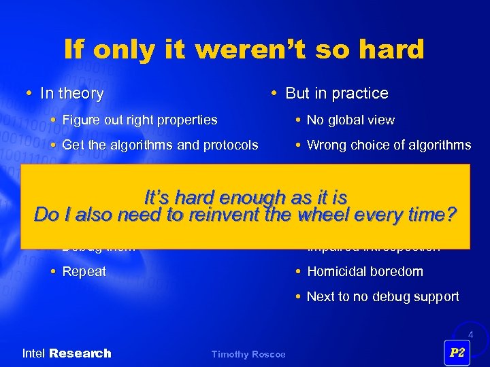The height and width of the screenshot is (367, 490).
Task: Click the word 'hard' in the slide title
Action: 390,50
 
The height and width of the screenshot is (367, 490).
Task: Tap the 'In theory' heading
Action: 71,94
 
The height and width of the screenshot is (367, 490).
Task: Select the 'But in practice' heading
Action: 336,94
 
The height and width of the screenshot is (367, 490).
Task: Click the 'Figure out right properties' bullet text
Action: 140,120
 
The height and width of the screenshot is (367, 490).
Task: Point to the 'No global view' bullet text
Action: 350,120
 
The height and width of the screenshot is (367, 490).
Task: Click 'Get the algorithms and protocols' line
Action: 160,145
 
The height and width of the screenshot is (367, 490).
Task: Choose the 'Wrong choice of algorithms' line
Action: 389,145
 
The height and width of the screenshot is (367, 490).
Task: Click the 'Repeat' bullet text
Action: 84,271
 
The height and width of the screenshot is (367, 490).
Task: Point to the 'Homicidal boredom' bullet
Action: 365,271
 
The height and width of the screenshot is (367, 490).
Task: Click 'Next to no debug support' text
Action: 382,296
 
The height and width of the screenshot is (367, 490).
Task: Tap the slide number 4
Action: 469,335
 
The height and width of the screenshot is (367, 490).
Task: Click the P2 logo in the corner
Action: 457,353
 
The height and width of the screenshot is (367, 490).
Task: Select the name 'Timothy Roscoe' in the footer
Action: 248,355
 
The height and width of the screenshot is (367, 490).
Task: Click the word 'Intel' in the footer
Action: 34,353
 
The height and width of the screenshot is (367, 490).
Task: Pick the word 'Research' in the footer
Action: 80,353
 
